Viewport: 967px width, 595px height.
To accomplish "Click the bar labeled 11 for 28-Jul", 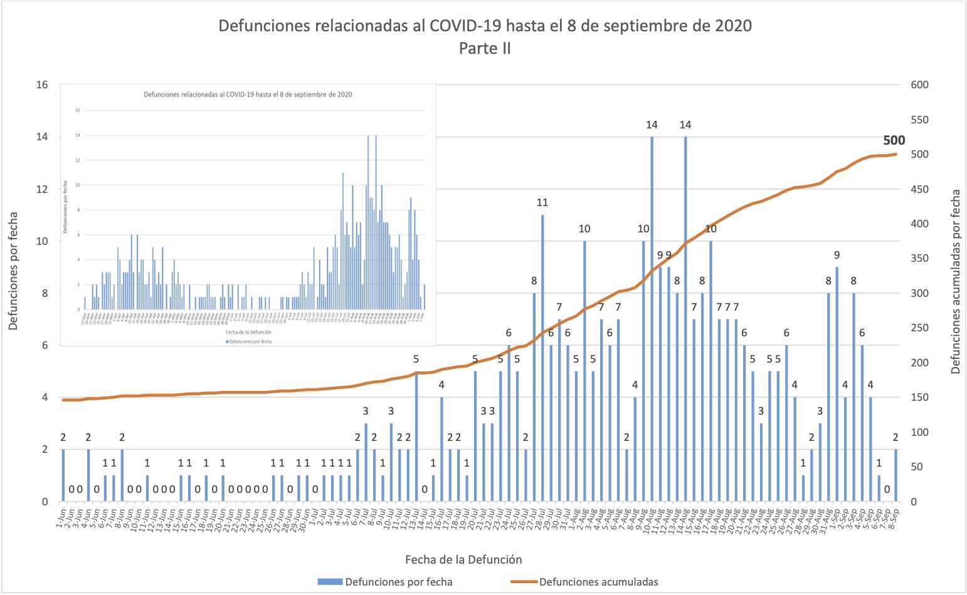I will (x=542, y=358).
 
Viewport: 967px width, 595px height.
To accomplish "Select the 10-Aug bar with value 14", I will (x=652, y=319).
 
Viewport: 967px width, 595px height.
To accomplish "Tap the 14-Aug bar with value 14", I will (x=685, y=319).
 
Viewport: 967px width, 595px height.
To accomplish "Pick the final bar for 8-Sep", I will (x=896, y=475).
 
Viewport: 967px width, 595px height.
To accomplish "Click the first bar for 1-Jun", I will (x=63, y=475).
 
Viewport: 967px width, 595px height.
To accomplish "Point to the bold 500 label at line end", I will (x=894, y=141).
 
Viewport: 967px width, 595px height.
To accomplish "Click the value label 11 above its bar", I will (x=542, y=202).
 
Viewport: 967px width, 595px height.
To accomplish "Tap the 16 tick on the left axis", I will (x=41, y=85).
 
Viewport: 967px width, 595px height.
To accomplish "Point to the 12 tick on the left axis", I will (x=41, y=189).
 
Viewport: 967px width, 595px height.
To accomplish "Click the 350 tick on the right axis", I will (x=919, y=259).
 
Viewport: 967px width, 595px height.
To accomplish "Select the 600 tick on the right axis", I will (x=919, y=85).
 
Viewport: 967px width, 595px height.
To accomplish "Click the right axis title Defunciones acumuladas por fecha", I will (x=955, y=282).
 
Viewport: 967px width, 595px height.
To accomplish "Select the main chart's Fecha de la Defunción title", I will (x=463, y=559).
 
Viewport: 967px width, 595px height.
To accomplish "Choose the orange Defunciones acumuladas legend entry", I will (x=598, y=582).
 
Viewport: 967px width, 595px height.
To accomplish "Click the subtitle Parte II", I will (x=485, y=48).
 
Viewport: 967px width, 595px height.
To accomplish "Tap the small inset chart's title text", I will (x=248, y=95).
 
